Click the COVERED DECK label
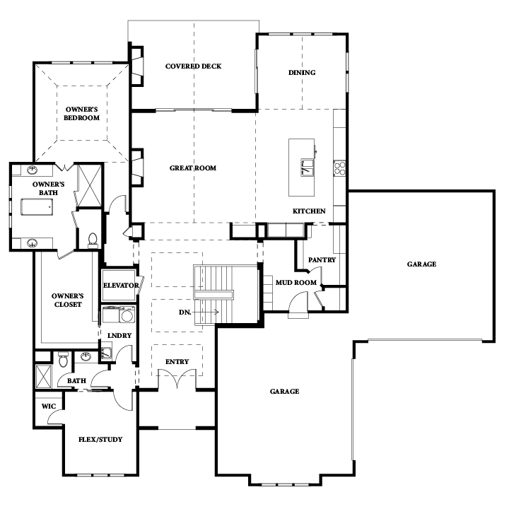[x=193, y=66]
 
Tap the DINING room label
[x=302, y=72]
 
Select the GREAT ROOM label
[x=193, y=168]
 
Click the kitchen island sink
[x=307, y=167]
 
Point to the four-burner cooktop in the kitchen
[x=339, y=168]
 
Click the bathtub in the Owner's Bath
[x=37, y=206]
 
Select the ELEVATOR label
[x=121, y=286]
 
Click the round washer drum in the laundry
[x=127, y=316]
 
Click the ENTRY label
[x=177, y=362]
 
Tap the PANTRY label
[x=322, y=259]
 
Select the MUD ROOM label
[x=296, y=282]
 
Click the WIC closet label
[x=49, y=406]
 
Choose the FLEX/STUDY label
[x=100, y=440]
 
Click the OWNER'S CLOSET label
[x=68, y=300]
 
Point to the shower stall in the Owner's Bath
[x=90, y=185]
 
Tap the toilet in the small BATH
[x=64, y=360]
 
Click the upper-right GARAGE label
[x=421, y=264]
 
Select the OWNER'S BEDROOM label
[x=81, y=114]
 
